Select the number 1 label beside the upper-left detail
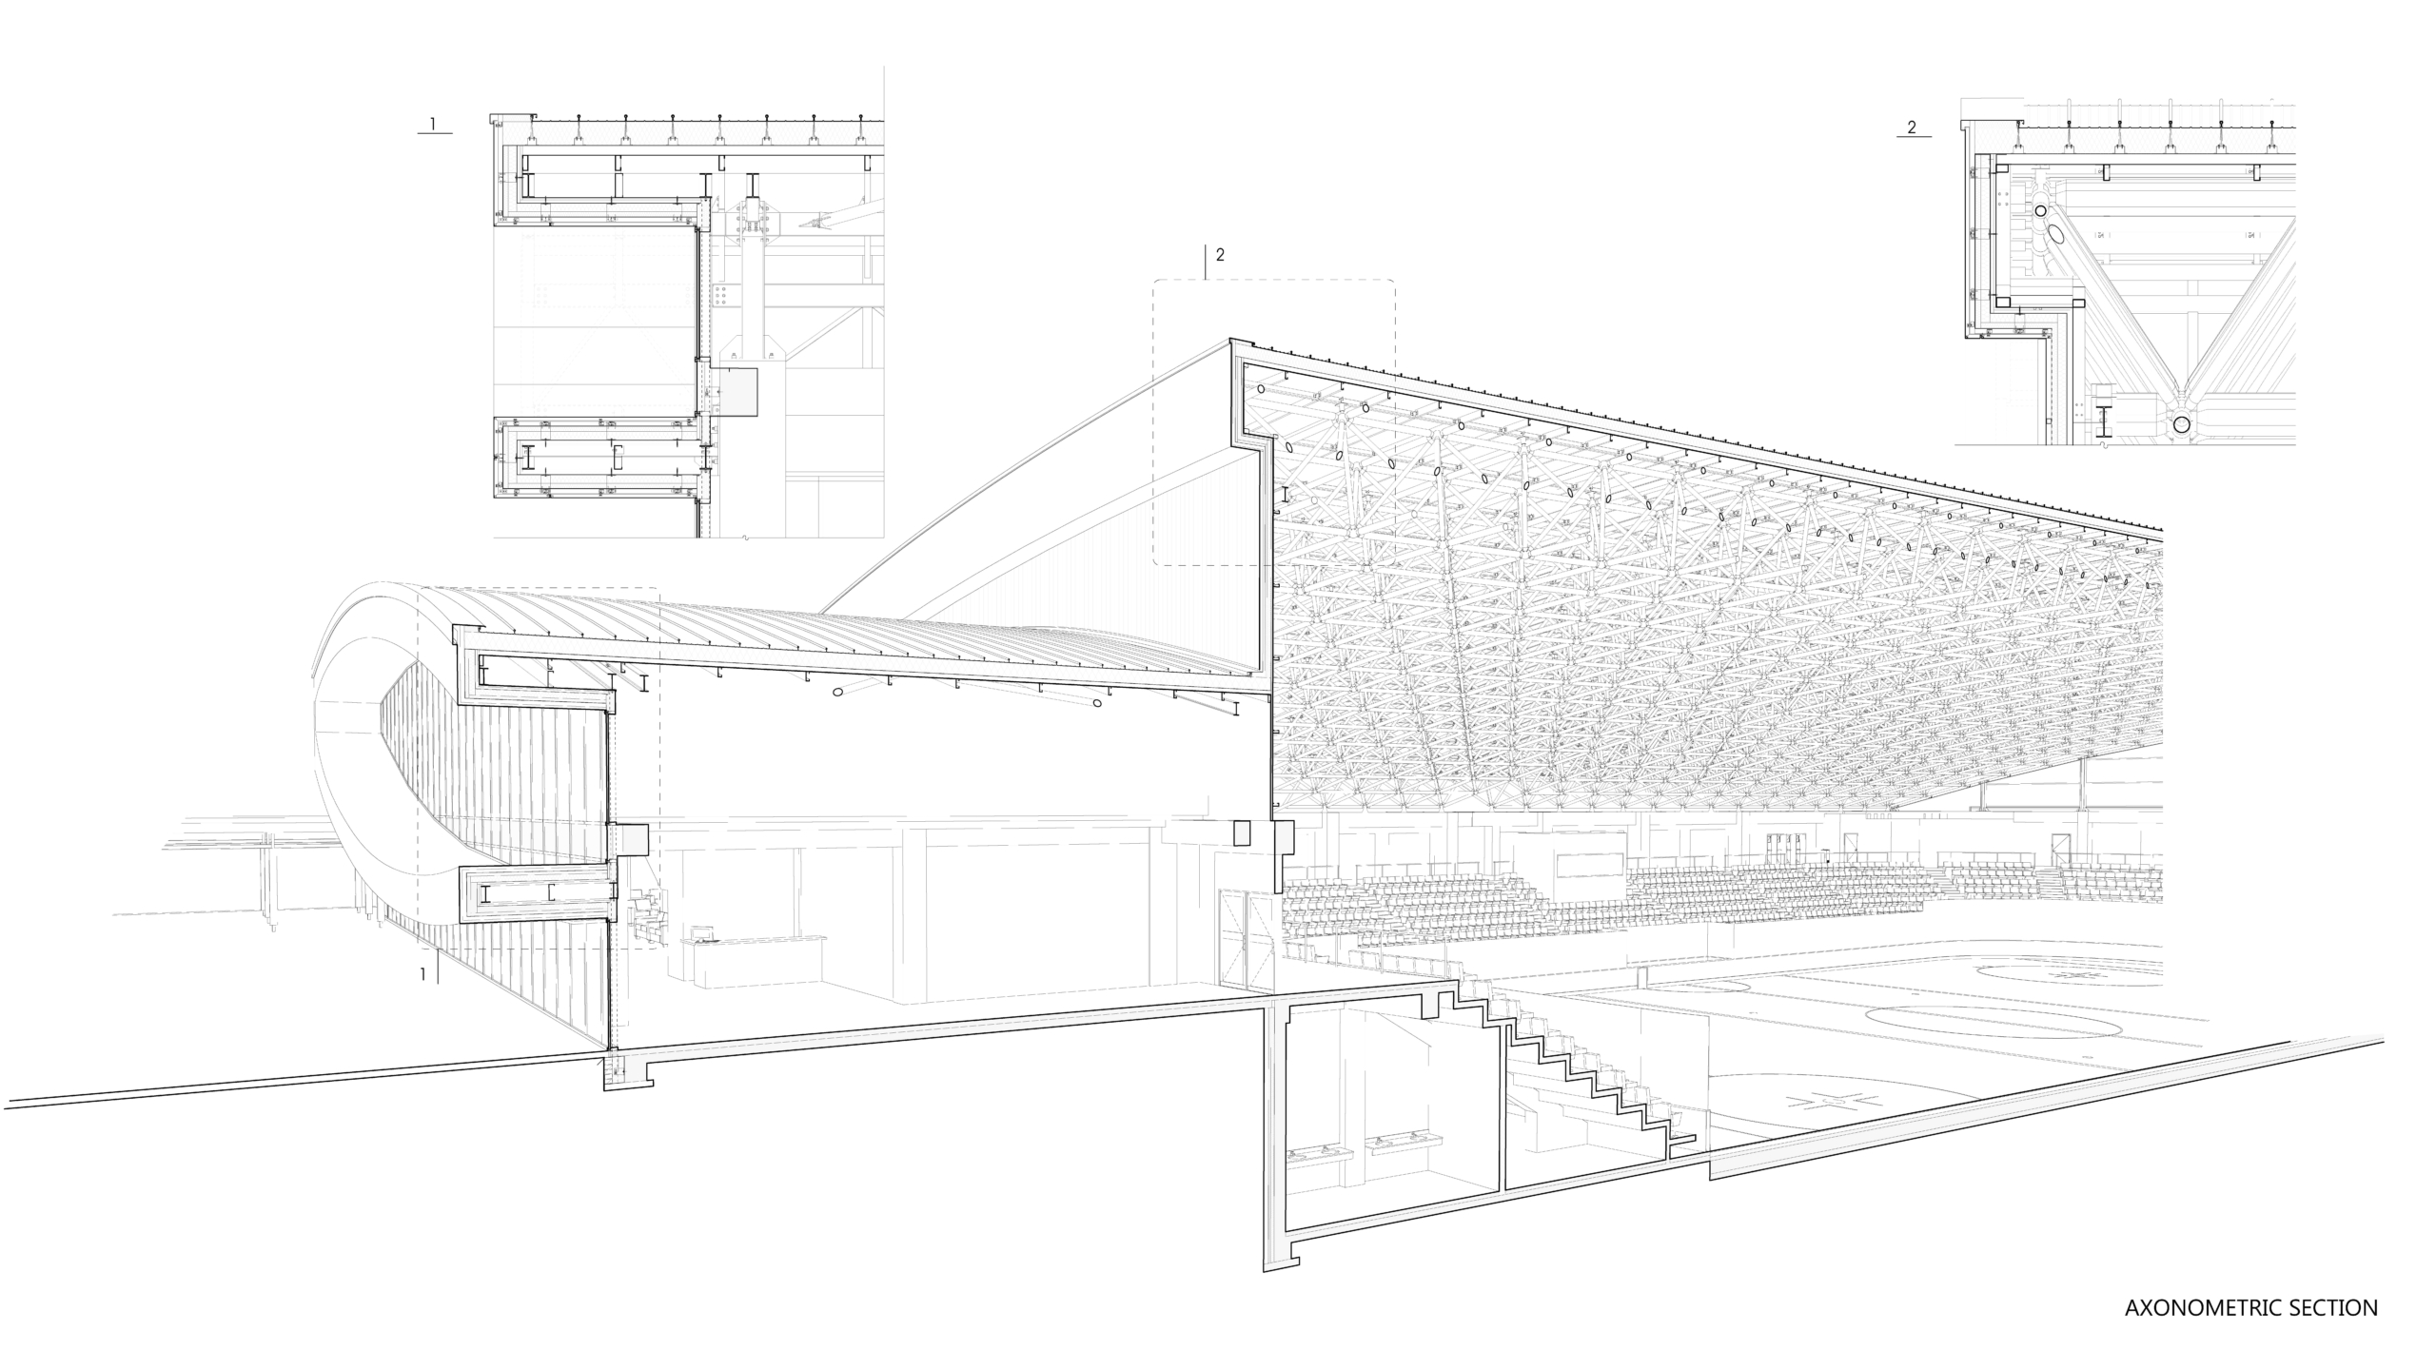pos(433,124)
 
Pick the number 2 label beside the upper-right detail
pos(1913,127)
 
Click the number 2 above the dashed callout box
pos(1220,254)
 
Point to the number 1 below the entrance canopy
pos(423,973)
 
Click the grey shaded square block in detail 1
pos(737,392)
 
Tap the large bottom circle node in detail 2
pos(2182,425)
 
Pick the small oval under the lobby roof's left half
pos(838,692)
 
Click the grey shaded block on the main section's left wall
pos(633,838)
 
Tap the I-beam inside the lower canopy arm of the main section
pos(486,894)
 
